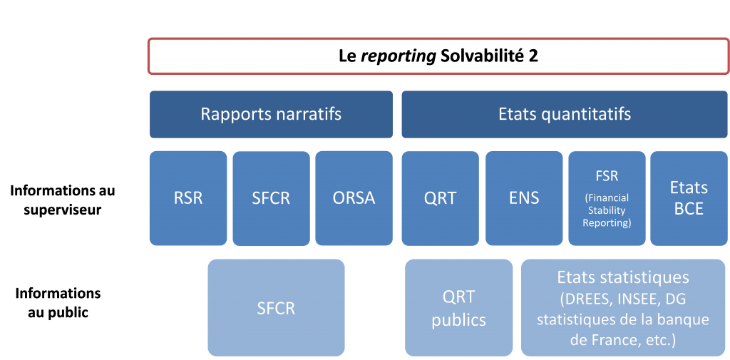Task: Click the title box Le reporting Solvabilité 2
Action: click(438, 56)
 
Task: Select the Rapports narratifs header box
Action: click(271, 114)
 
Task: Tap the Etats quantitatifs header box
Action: click(565, 114)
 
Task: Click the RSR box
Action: click(188, 198)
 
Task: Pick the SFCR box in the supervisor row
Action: click(271, 198)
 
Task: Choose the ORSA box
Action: click(354, 198)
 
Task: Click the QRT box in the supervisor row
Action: click(441, 198)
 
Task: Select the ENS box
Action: click(524, 198)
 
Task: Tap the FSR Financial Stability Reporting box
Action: click(607, 198)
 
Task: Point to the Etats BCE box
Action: click(689, 198)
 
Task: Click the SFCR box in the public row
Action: click(276, 308)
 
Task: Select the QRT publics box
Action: click(458, 308)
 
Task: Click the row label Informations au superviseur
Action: click(63, 200)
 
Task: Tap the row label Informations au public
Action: click(58, 303)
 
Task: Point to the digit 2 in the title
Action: click(533, 56)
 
